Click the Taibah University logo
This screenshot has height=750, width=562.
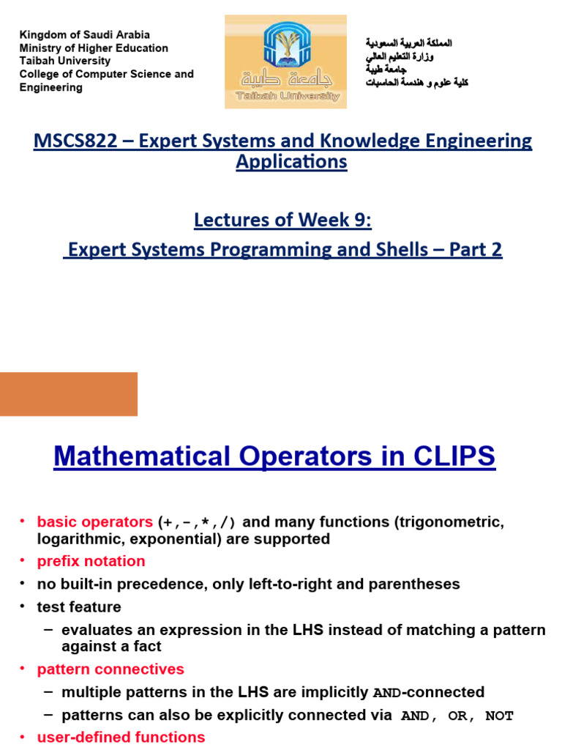(285, 62)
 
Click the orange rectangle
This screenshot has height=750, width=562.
(68, 394)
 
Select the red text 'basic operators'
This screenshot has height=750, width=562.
(94, 522)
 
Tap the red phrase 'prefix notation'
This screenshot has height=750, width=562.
(91, 561)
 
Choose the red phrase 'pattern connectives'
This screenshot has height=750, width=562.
(110, 669)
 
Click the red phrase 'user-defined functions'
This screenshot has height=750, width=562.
(121, 737)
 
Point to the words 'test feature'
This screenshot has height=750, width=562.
(79, 607)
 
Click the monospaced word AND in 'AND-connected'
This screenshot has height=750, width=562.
(387, 693)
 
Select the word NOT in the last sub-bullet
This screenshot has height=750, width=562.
(500, 716)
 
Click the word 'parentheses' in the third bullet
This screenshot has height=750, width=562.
(419, 584)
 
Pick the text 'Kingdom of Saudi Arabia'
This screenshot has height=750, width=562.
(84, 35)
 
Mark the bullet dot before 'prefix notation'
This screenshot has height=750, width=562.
(22, 560)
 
